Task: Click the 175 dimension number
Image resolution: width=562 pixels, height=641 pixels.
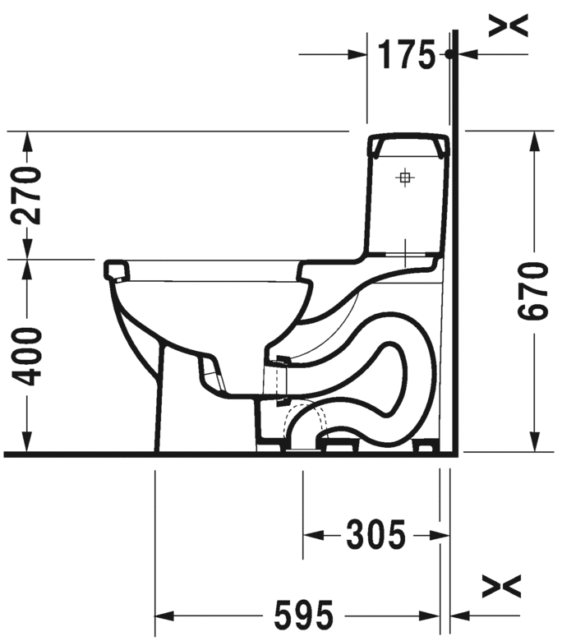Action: pyautogui.click(x=406, y=55)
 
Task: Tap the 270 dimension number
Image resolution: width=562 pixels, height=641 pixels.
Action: pyautogui.click(x=27, y=196)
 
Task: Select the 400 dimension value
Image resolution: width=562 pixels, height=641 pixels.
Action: pyautogui.click(x=27, y=357)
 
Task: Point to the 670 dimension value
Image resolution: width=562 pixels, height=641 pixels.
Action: pyautogui.click(x=532, y=291)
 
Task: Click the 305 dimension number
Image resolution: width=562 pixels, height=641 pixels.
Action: pyautogui.click(x=375, y=534)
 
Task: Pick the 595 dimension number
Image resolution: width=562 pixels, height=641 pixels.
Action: pyautogui.click(x=304, y=616)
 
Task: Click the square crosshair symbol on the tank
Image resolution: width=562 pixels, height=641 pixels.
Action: pyautogui.click(x=404, y=178)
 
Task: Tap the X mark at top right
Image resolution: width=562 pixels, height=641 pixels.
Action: pyautogui.click(x=509, y=25)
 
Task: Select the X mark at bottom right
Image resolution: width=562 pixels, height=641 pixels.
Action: pyautogui.click(x=502, y=586)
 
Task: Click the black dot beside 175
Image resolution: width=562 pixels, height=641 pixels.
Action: pyautogui.click(x=449, y=54)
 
